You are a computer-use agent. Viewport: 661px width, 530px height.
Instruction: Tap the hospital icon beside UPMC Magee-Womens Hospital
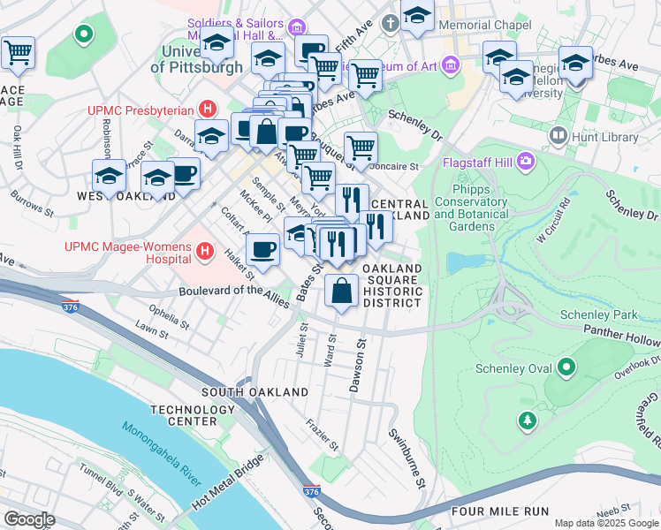(x=205, y=252)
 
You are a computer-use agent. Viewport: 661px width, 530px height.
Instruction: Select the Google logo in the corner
(x=29, y=519)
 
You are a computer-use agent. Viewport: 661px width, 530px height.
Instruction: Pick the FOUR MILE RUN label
(x=500, y=511)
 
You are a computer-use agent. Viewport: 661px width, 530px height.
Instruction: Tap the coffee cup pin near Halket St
(x=262, y=250)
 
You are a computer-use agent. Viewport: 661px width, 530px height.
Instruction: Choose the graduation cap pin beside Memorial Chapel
(x=417, y=15)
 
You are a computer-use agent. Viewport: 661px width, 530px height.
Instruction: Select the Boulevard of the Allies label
(x=234, y=295)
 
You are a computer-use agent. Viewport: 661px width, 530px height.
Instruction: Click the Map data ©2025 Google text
(x=606, y=523)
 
